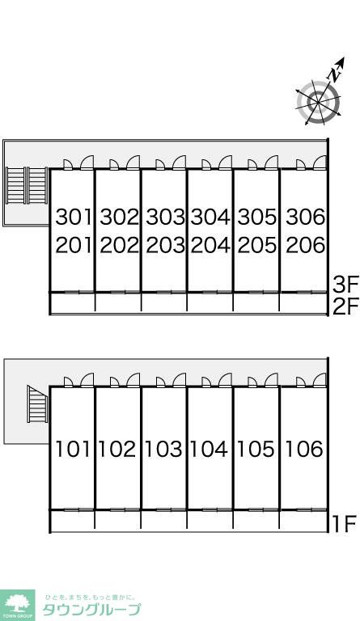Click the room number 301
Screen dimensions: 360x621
74,217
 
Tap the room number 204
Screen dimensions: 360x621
210,246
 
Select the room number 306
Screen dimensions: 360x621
305,217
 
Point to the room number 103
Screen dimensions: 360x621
163,449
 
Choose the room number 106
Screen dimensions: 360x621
304,449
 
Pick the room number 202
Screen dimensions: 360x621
119,246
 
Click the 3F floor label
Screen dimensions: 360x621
345,284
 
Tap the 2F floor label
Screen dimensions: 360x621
345,306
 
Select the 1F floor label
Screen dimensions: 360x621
344,524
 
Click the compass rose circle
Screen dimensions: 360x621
318,103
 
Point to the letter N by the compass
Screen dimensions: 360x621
336,74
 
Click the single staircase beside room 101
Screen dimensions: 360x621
38,404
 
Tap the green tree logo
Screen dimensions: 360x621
18,604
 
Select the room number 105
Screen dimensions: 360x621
256,449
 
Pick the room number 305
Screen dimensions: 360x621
257,217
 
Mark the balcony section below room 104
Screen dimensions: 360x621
210,521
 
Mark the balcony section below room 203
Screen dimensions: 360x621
164,303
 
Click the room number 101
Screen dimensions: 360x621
73,449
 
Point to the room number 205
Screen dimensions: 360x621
257,246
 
